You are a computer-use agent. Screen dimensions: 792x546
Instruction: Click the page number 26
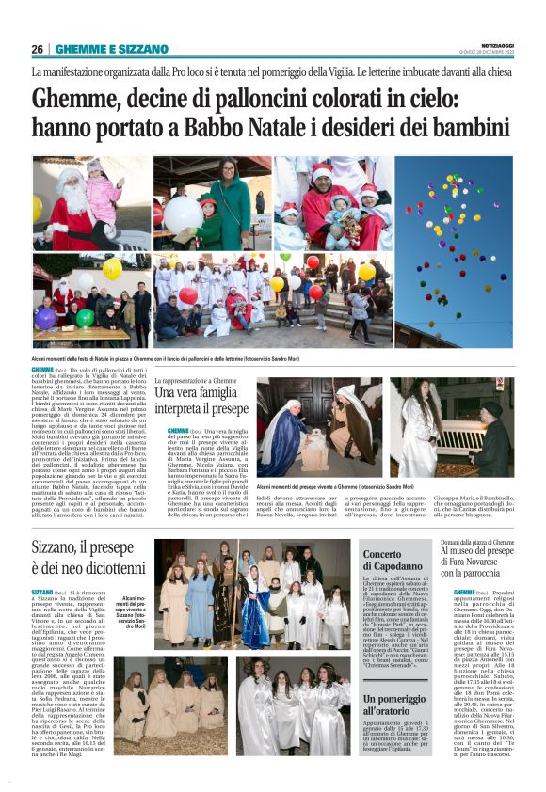click(x=38, y=49)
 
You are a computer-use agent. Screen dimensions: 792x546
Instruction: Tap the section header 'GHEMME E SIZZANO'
click(x=111, y=49)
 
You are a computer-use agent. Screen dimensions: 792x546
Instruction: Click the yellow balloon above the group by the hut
click(x=112, y=269)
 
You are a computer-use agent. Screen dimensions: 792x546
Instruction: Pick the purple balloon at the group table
click(x=44, y=317)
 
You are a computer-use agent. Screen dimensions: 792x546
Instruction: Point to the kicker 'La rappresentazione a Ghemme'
click(x=199, y=380)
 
